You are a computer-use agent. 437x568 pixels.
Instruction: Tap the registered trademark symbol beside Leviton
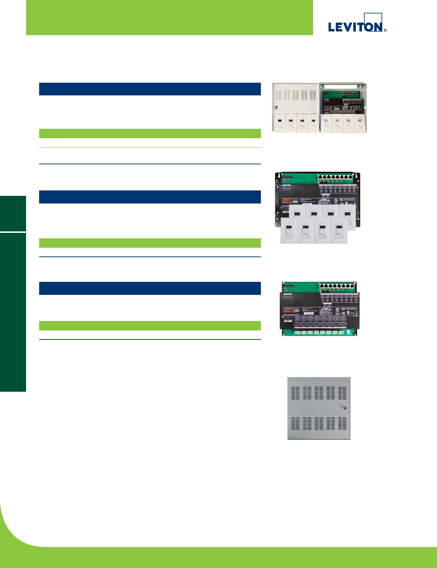(x=385, y=30)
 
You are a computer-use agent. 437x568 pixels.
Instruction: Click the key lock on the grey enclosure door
(x=344, y=408)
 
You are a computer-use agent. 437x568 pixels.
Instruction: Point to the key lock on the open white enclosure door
(x=276, y=107)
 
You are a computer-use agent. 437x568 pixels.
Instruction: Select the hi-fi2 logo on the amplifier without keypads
(x=291, y=310)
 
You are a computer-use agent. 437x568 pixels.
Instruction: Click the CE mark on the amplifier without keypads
(x=344, y=313)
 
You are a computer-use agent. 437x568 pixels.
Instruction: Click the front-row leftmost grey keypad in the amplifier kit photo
(x=289, y=231)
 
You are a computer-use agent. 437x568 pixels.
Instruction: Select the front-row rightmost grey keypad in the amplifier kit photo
(x=339, y=231)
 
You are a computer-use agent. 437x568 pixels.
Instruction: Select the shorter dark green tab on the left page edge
(x=13, y=213)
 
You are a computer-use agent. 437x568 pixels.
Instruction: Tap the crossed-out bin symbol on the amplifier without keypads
(x=356, y=313)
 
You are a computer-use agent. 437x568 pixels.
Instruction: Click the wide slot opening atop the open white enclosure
(x=342, y=87)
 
